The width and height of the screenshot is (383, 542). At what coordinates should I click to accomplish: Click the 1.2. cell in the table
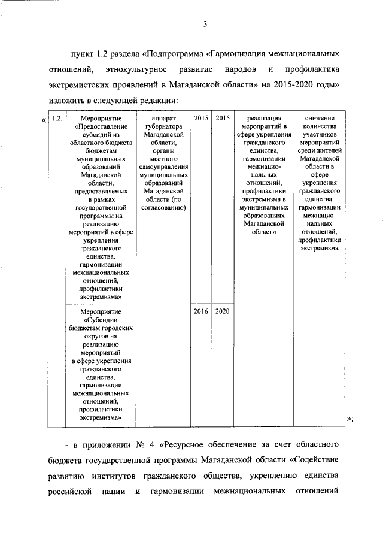[x=57, y=119]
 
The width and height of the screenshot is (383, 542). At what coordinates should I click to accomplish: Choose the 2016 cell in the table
[x=201, y=312]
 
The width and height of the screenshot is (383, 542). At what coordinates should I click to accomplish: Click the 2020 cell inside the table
[x=222, y=312]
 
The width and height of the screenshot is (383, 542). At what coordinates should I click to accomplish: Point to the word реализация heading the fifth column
[x=264, y=119]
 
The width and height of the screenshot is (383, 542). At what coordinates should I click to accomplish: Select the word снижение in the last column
[x=320, y=119]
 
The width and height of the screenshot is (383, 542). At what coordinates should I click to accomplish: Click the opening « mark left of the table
[x=44, y=119]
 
